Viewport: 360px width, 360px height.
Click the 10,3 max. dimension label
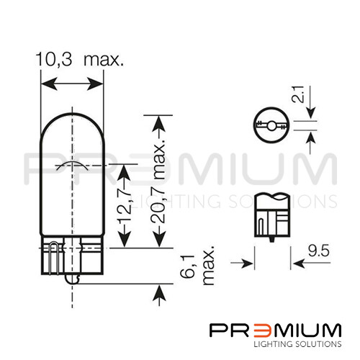80,59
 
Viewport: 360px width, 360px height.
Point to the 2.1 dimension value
298,94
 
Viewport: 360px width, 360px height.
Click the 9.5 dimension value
319,251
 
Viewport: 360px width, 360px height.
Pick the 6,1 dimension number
187,266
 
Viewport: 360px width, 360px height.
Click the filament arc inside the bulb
72,166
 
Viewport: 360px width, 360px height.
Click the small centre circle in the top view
271,126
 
